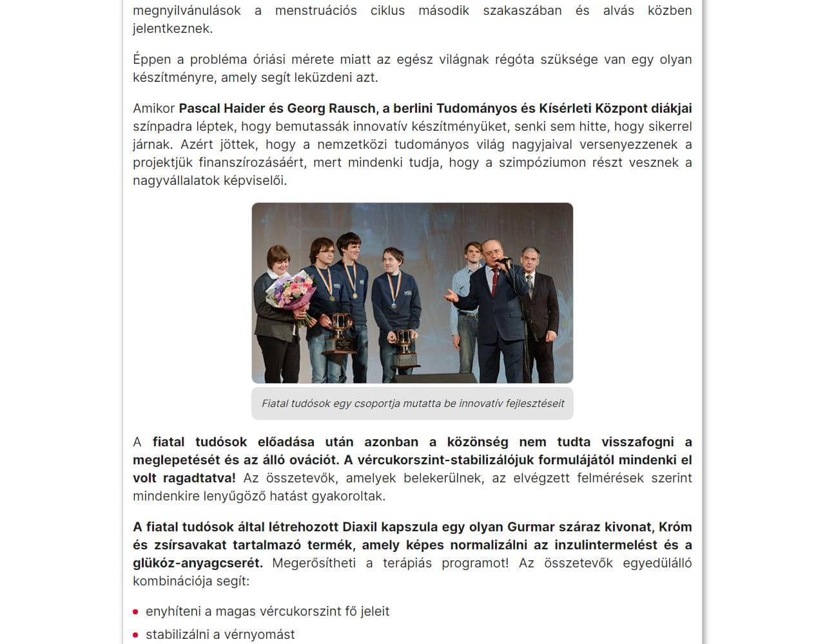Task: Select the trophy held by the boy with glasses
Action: tap(341, 330)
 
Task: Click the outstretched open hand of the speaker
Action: tap(452, 296)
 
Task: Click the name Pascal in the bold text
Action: tap(199, 108)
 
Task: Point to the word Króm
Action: tap(675, 527)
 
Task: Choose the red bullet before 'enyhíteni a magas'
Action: tap(136, 612)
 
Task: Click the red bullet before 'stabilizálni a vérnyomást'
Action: tap(136, 635)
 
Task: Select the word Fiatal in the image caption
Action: tap(275, 404)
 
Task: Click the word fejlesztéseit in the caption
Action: tap(535, 404)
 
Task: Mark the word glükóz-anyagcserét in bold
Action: tap(197, 563)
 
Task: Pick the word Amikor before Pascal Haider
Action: tap(153, 108)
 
